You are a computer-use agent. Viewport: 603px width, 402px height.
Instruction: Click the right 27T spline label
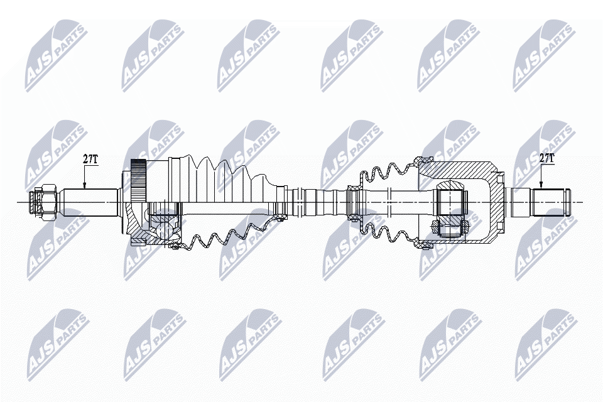coord(547,158)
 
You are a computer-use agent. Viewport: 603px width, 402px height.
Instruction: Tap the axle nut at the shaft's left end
coord(46,202)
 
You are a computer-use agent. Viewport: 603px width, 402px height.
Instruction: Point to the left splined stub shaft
coord(88,202)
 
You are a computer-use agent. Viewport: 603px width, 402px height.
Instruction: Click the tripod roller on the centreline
coord(451,202)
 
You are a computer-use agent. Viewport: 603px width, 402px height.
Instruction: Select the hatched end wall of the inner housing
coord(496,202)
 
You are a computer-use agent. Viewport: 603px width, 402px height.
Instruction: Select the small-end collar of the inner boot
coord(355,202)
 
